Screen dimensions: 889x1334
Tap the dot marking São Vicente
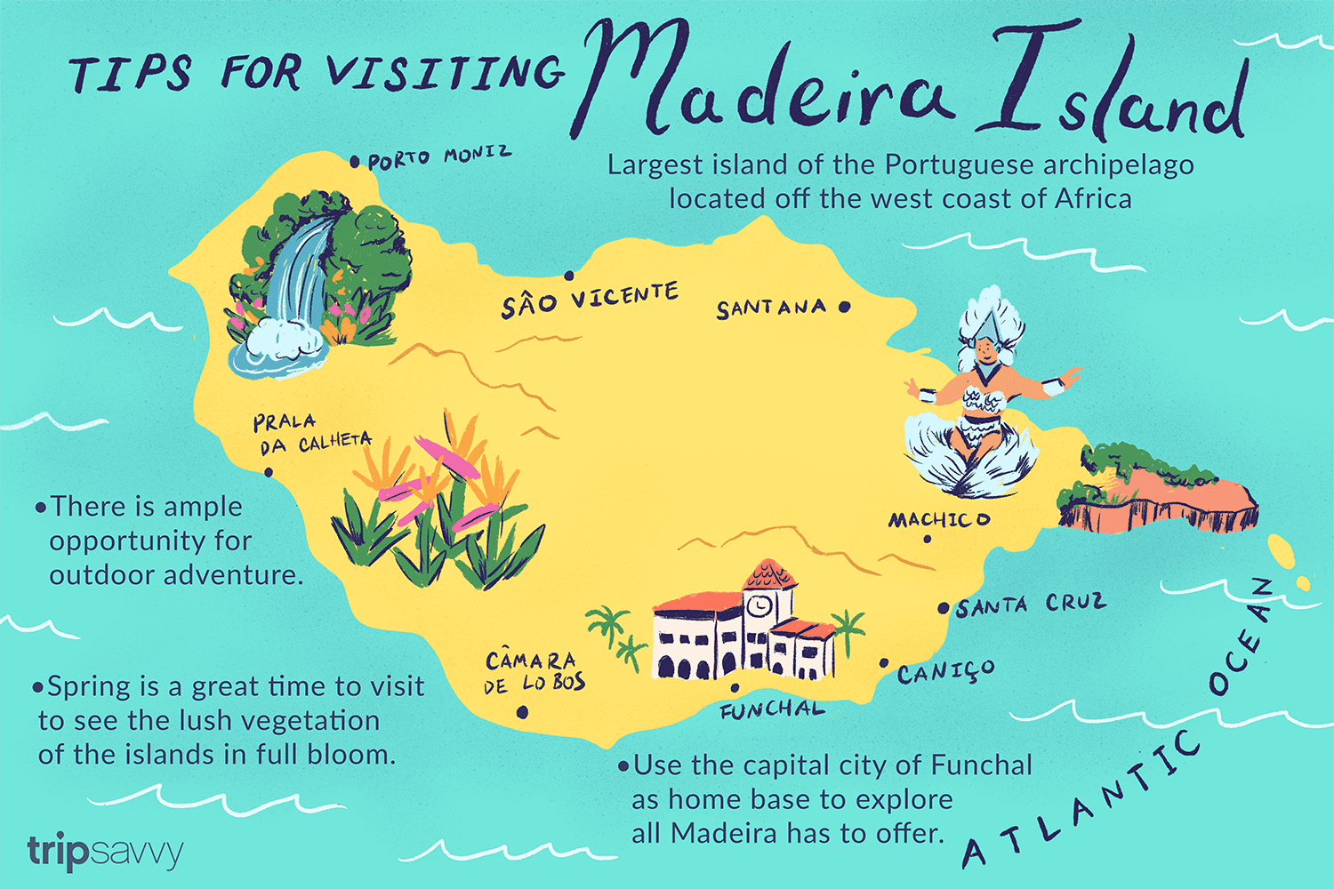click(x=569, y=276)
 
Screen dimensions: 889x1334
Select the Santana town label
click(x=771, y=308)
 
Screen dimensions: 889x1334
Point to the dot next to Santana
click(x=844, y=307)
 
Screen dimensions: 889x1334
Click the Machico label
click(x=939, y=519)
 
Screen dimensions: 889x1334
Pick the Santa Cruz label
click(x=1032, y=605)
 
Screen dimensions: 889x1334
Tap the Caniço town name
click(x=946, y=671)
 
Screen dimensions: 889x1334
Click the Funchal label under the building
click(x=772, y=709)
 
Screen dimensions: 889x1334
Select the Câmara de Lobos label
click(x=534, y=672)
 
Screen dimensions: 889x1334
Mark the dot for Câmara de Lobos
click(x=522, y=711)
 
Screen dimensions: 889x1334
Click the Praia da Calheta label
click(x=311, y=433)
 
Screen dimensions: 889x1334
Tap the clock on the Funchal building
click(x=759, y=605)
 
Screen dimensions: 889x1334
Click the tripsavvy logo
click(x=105, y=852)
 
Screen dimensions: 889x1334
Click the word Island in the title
click(x=1116, y=89)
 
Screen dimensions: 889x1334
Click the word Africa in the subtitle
click(x=1093, y=198)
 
